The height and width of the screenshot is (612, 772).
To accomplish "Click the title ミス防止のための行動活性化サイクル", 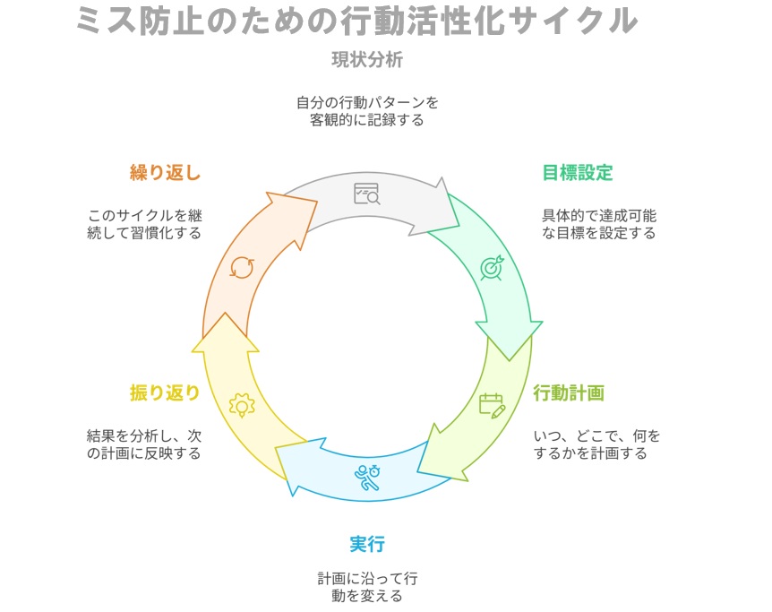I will click(357, 21).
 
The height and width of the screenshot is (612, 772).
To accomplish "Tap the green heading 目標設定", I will click(578, 173).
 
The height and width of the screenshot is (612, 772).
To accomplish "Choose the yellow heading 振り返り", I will click(165, 392).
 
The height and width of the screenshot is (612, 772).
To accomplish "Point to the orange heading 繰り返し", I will click(165, 173).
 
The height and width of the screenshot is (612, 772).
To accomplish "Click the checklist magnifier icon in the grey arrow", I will click(366, 194).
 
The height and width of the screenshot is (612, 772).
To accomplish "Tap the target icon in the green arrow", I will click(492, 267).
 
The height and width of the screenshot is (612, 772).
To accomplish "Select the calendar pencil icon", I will click(492, 405).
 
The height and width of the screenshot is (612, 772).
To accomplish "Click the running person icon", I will click(366, 478).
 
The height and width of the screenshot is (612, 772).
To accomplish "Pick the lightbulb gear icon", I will click(241, 405).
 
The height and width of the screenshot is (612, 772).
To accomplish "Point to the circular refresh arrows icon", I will click(241, 267).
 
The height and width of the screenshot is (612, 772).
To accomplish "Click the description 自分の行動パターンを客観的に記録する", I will click(367, 111).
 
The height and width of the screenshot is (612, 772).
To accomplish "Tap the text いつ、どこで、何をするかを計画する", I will click(596, 444).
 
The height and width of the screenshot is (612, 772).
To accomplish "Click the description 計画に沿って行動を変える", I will click(367, 587).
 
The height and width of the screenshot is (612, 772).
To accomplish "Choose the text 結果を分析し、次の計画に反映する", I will click(143, 444).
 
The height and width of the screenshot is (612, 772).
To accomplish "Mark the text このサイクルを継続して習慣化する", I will click(143, 224).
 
